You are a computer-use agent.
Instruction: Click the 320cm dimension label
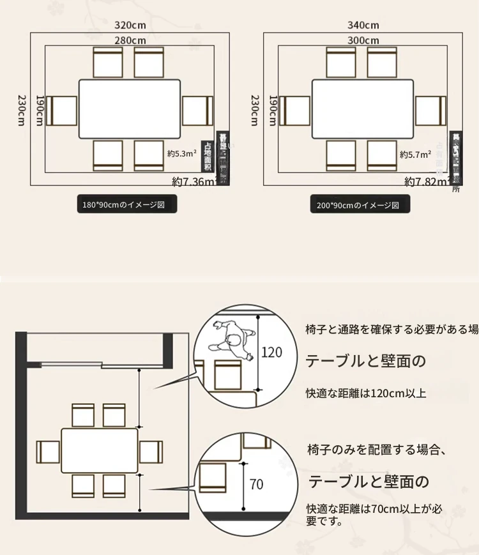click(x=130, y=26)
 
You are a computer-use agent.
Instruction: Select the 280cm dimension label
click(x=130, y=40)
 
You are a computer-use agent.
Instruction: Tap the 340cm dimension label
click(x=363, y=26)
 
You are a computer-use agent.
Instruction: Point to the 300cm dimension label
click(x=363, y=40)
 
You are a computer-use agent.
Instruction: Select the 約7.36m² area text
click(x=194, y=182)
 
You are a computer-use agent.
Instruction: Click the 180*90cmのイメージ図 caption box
click(x=125, y=205)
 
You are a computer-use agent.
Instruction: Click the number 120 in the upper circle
click(x=271, y=352)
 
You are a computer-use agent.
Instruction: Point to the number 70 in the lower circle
click(x=256, y=484)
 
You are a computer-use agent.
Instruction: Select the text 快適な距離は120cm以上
click(x=365, y=393)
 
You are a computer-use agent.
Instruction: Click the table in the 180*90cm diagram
click(x=130, y=109)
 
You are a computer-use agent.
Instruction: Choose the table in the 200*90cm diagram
click(x=362, y=109)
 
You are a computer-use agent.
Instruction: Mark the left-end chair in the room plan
click(x=48, y=452)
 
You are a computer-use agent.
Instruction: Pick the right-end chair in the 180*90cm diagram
click(x=197, y=110)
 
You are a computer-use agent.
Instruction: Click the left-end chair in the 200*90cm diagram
click(x=296, y=110)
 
